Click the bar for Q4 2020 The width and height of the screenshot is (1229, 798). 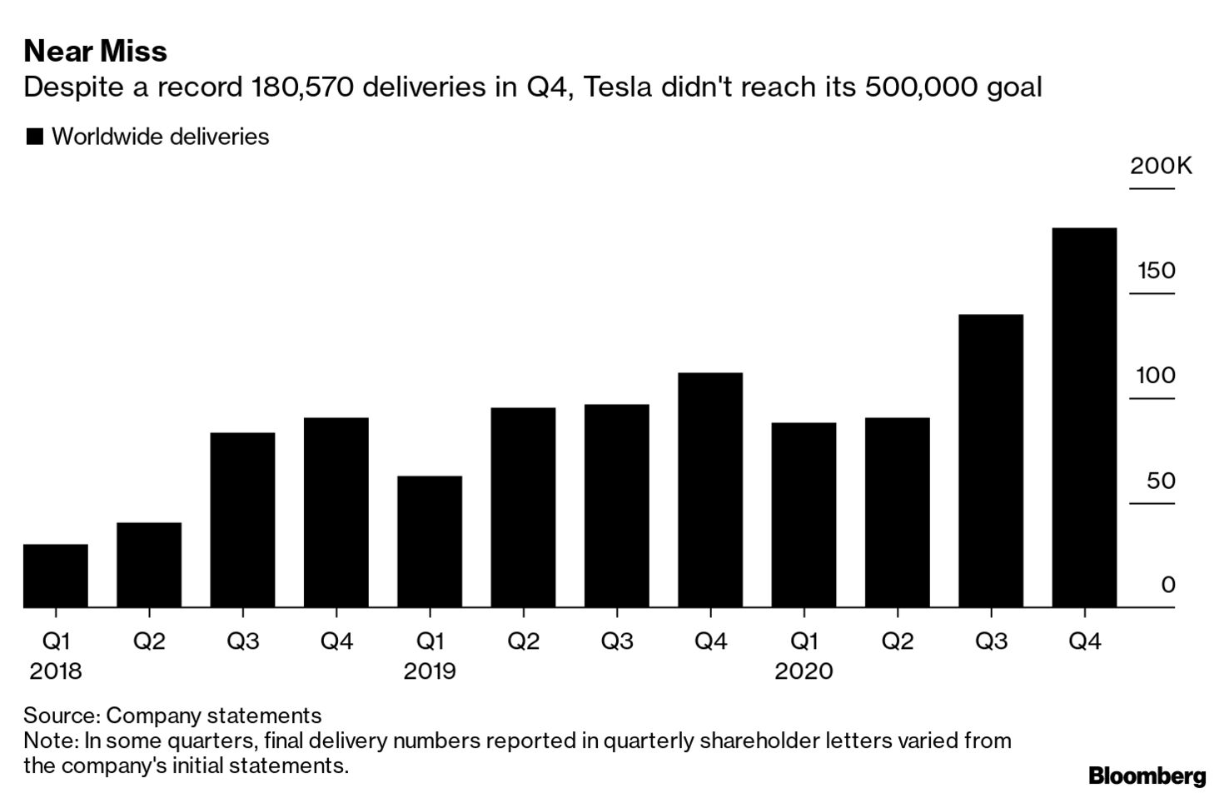coord(1084,416)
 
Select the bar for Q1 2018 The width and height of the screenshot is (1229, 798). coord(56,576)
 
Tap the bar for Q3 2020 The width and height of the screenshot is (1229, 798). coord(991,461)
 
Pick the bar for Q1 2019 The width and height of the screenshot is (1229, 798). coord(430,541)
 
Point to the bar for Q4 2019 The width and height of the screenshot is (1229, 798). coord(710,490)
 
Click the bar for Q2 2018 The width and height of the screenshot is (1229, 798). coord(149,565)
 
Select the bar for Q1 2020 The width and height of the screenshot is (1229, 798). coord(804,515)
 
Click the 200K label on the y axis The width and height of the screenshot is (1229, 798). coord(1161,166)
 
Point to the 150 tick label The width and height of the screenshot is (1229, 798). coord(1157,271)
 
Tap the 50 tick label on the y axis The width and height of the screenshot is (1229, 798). coord(1161,481)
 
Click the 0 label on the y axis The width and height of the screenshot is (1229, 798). coord(1168,585)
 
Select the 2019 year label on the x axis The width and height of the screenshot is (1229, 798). coord(430,671)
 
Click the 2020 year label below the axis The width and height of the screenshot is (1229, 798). coord(804,671)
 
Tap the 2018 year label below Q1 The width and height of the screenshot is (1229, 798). coord(56,671)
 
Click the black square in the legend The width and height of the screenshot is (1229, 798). coord(34,137)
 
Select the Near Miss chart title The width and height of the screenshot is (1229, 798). coord(96,52)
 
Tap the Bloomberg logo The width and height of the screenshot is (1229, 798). coord(1147,776)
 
